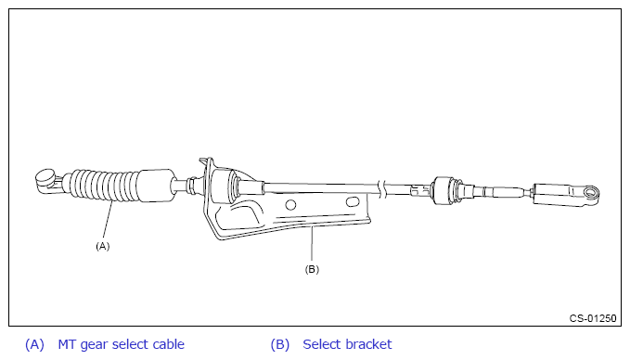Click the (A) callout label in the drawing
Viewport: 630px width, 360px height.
(x=102, y=246)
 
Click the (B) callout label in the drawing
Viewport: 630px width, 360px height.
(x=312, y=269)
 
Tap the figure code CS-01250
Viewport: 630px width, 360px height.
(x=593, y=318)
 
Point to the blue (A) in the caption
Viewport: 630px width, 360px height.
(x=34, y=345)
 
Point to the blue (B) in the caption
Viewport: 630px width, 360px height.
(x=279, y=345)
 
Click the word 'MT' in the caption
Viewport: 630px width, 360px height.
(x=67, y=344)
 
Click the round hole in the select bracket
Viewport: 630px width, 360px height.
(x=290, y=205)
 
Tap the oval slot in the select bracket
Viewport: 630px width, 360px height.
(x=352, y=201)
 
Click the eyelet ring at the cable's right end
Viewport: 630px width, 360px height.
(x=591, y=193)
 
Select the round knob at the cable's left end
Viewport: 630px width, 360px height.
(x=45, y=177)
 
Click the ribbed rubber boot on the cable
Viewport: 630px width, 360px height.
(x=104, y=186)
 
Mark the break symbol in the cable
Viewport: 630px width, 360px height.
(x=383, y=189)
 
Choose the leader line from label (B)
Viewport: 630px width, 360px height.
(x=312, y=244)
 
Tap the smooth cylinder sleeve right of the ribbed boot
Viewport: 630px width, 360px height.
(x=157, y=186)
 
